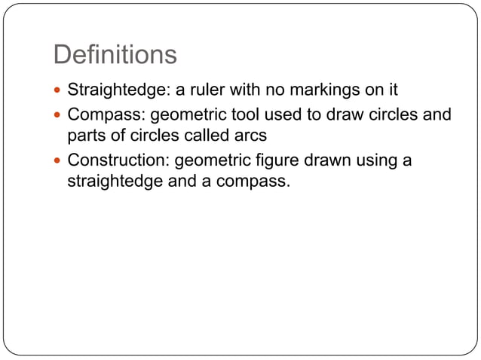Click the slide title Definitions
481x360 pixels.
pyautogui.click(x=115, y=54)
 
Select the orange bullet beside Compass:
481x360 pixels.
pyautogui.click(x=59, y=116)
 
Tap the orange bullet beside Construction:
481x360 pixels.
pyautogui.click(x=59, y=162)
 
